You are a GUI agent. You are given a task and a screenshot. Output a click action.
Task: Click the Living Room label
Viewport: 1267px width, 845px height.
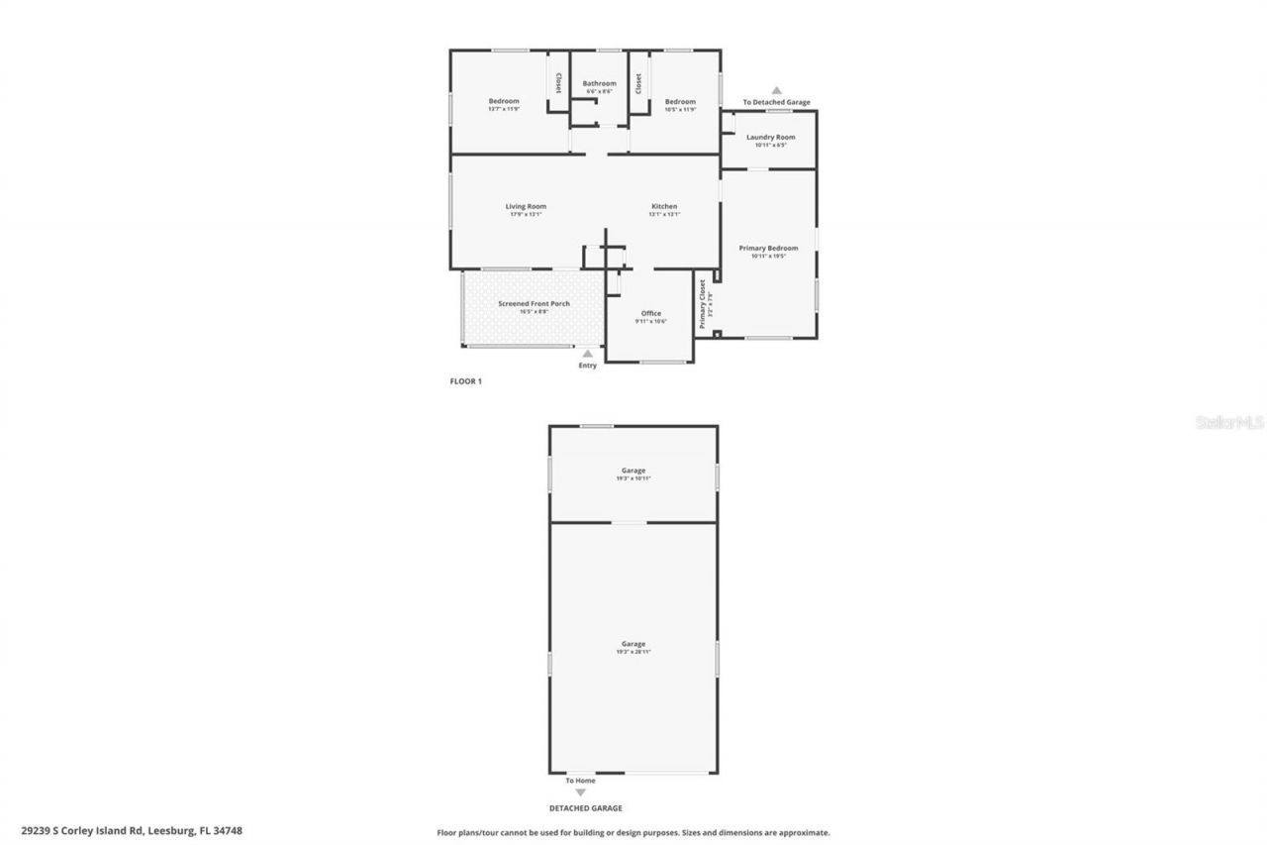pos(526,207)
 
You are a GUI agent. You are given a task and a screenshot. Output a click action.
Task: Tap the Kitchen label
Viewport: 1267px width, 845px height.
pos(664,207)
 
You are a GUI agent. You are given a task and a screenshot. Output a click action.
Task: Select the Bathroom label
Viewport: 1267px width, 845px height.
pos(599,84)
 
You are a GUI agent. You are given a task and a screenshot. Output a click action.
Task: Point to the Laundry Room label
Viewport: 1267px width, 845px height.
pos(770,137)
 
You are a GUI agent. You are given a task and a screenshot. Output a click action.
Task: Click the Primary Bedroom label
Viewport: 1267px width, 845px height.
pos(768,248)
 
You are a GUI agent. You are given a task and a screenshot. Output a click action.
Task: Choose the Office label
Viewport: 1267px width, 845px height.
pos(650,314)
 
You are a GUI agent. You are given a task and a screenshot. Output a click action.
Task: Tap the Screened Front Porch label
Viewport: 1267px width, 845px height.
pos(534,304)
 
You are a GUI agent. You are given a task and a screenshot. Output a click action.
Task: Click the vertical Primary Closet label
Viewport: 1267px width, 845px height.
pos(703,303)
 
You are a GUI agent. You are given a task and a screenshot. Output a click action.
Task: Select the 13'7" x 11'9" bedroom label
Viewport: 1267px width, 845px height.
pos(504,102)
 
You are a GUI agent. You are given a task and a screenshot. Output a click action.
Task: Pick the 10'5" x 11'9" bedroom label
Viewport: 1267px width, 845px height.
pos(680,102)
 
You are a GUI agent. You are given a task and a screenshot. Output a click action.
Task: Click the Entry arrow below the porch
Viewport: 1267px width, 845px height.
pos(588,354)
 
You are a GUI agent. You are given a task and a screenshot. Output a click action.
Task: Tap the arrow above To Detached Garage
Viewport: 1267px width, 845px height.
pos(776,90)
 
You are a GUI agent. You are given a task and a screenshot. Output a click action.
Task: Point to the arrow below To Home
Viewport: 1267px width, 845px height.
pos(580,792)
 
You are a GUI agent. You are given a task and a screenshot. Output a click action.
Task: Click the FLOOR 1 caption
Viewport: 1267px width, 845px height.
pos(465,380)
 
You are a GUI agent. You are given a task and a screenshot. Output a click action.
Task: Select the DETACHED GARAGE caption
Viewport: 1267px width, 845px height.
pos(586,808)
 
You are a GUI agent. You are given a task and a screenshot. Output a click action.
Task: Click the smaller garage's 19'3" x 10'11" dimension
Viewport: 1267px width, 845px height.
pos(633,478)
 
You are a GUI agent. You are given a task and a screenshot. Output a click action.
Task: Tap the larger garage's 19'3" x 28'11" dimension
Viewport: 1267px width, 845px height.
pos(633,652)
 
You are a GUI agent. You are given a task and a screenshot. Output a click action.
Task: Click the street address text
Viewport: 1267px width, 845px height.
pos(132,831)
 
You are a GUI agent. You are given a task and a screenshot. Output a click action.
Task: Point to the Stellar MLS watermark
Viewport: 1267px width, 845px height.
pos(1229,422)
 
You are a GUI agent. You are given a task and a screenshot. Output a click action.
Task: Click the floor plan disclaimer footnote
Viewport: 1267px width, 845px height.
pos(633,833)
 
